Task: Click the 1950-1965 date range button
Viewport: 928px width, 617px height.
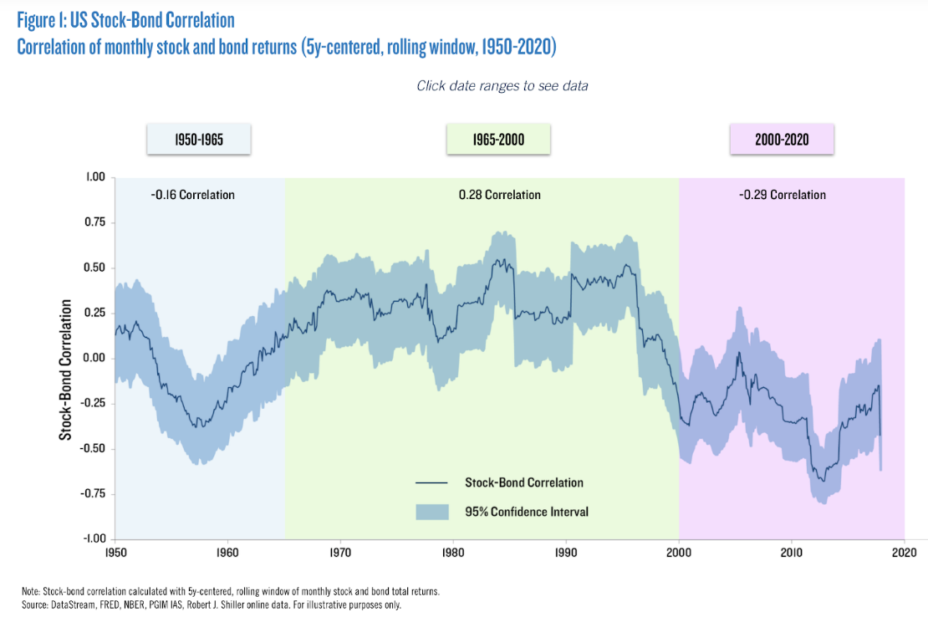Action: pyautogui.click(x=199, y=140)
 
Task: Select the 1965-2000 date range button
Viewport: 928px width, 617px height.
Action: pyautogui.click(x=498, y=140)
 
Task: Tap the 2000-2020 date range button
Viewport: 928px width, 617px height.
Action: pyautogui.click(x=781, y=140)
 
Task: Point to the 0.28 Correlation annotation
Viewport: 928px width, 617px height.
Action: pyautogui.click(x=499, y=195)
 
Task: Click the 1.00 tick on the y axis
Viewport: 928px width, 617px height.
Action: pyautogui.click(x=94, y=177)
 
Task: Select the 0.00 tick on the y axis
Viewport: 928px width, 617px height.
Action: pyautogui.click(x=94, y=358)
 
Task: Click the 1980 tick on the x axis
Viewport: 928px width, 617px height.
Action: pyautogui.click(x=453, y=553)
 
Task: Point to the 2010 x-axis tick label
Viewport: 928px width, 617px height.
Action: pyautogui.click(x=791, y=553)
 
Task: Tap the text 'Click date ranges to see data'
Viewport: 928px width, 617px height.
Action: pyautogui.click(x=502, y=86)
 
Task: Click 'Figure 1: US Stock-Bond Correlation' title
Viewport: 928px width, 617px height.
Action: pyautogui.click(x=125, y=18)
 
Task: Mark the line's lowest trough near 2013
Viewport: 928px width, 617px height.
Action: pyautogui.click(x=823, y=481)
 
